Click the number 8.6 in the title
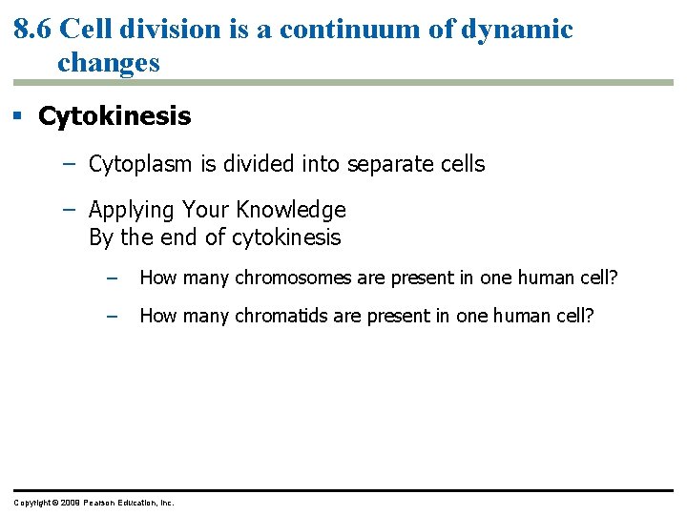33,30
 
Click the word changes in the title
109,63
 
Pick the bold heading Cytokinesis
114,116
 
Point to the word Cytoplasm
139,164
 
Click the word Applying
131,210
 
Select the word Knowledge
292,210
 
